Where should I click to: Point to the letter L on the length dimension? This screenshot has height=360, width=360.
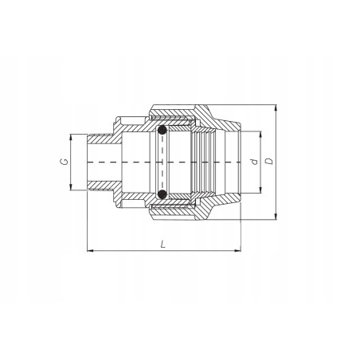tap(162, 245)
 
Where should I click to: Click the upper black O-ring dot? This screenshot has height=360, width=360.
tap(162, 131)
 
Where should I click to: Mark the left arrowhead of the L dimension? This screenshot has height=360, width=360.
tap(88, 252)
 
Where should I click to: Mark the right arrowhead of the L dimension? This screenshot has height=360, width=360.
tap(239, 252)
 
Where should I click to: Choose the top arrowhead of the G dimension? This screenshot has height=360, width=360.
tap(72, 135)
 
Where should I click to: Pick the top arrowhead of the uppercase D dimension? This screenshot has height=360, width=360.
tap(276, 107)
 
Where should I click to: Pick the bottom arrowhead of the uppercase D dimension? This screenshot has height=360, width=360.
tap(276, 217)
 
